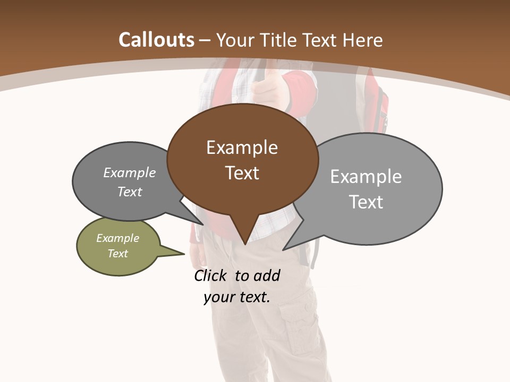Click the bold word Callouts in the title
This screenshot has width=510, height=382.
156,40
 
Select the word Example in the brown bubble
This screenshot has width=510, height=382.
242,147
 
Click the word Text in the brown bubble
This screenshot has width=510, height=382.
242,173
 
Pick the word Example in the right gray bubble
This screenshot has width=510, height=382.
366,177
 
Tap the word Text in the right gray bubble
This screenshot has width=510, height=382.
366,202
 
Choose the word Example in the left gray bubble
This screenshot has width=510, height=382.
130,173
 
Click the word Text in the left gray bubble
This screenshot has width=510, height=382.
130,192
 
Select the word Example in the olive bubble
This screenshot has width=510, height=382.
118,239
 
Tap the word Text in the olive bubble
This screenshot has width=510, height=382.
118,254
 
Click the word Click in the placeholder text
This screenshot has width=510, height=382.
210,276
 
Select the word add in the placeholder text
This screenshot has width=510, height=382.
267,276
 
